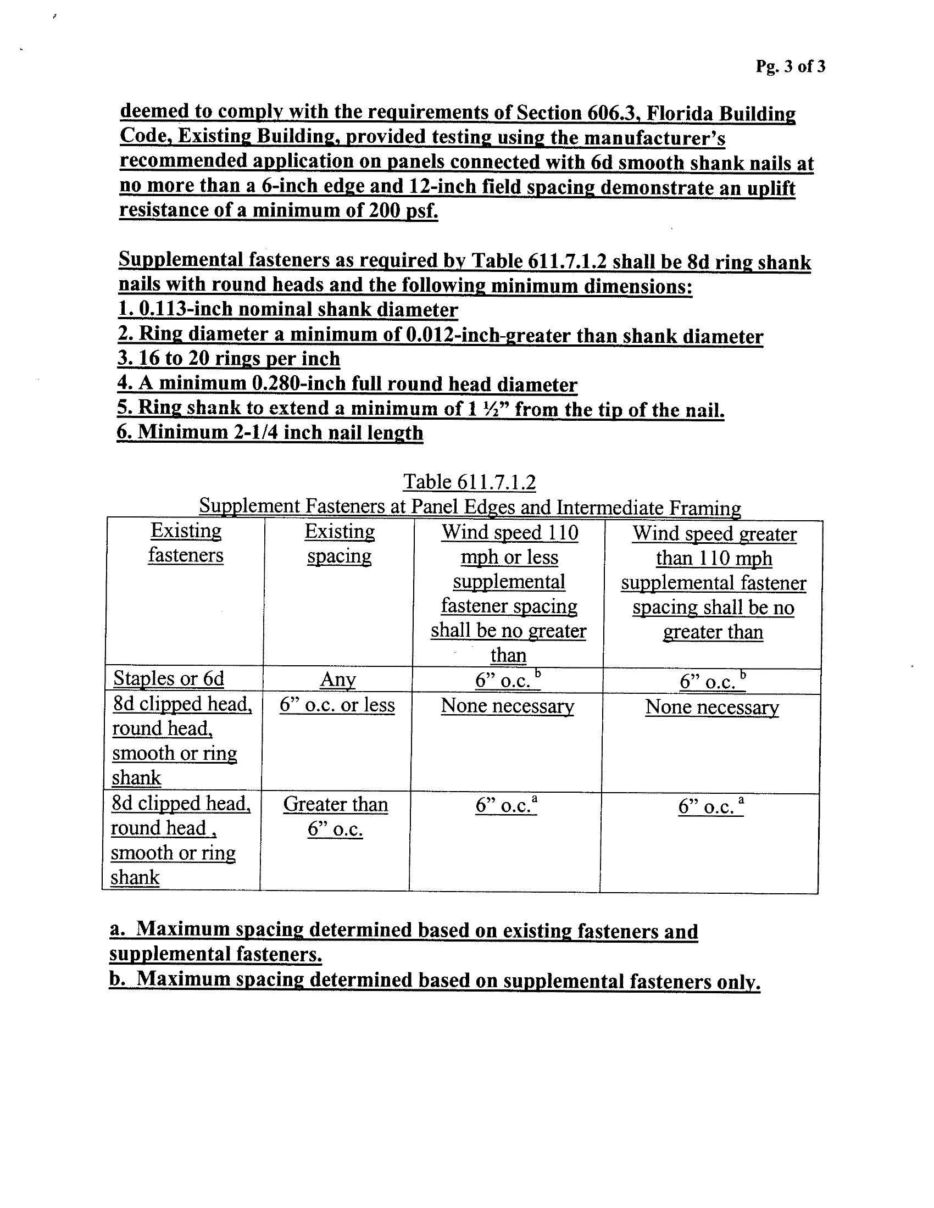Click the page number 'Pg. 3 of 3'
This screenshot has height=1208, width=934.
(x=790, y=66)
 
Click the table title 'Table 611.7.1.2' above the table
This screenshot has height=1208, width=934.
(x=469, y=482)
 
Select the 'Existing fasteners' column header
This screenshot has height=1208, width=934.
(x=186, y=543)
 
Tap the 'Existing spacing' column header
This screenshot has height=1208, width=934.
(x=339, y=544)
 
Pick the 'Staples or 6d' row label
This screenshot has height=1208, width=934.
(x=169, y=678)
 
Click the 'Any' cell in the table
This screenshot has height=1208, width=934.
(x=337, y=680)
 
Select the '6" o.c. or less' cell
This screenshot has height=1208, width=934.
(x=337, y=705)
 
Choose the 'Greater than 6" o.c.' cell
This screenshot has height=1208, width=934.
(x=335, y=816)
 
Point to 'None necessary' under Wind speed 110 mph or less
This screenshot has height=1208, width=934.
(x=508, y=706)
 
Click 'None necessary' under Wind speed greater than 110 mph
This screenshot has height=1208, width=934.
(x=711, y=708)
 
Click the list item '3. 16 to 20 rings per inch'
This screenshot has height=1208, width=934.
(x=229, y=359)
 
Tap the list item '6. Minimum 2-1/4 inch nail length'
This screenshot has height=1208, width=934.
(x=269, y=432)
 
